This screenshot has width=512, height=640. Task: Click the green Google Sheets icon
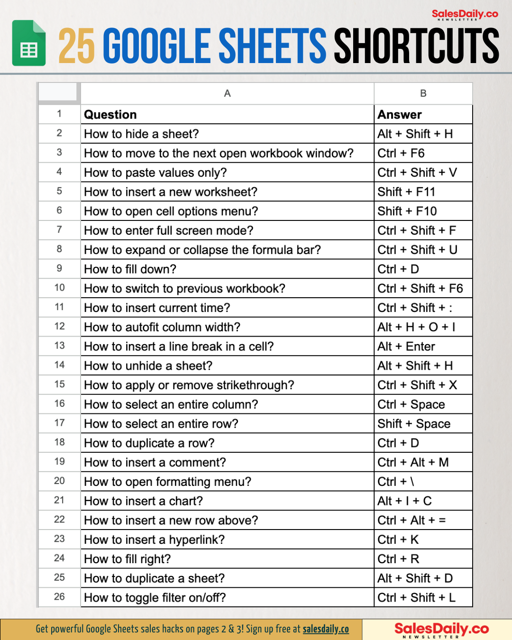[x=29, y=43]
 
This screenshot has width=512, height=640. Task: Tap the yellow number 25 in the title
[x=76, y=46]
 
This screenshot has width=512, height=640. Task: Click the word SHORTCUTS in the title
[x=416, y=46]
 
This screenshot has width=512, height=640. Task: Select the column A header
[x=227, y=93]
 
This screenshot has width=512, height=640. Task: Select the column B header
[x=423, y=93]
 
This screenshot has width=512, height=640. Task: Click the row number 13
[x=59, y=346]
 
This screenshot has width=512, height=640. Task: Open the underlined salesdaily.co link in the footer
[x=326, y=629]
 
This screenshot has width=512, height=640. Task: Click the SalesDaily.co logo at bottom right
[x=441, y=630]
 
